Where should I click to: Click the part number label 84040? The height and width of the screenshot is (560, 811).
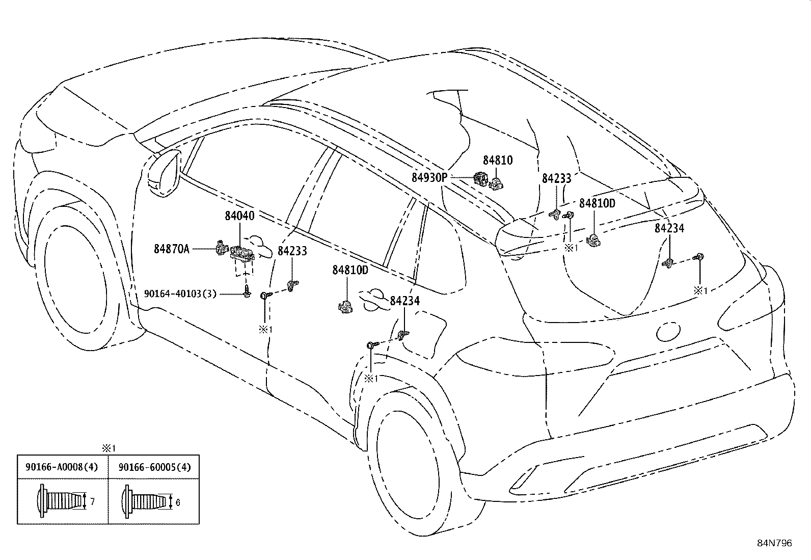pyautogui.click(x=239, y=216)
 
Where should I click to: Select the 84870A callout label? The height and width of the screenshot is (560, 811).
pyautogui.click(x=172, y=249)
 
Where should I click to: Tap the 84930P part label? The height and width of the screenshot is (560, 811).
pyautogui.click(x=429, y=177)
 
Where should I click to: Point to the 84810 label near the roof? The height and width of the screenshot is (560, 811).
pyautogui.click(x=498, y=160)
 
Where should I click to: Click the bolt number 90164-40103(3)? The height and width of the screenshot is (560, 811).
pyautogui.click(x=180, y=294)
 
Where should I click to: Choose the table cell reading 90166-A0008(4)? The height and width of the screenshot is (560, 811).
pyautogui.click(x=62, y=467)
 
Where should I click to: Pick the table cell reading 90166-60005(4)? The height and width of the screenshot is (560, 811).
pyautogui.click(x=154, y=467)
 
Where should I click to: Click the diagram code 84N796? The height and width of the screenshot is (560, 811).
pyautogui.click(x=774, y=543)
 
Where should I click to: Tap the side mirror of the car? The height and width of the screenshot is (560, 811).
pyautogui.click(x=164, y=173)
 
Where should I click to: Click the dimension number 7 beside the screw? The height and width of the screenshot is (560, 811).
pyautogui.click(x=92, y=501)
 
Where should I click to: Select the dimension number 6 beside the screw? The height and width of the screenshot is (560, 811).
pyautogui.click(x=178, y=502)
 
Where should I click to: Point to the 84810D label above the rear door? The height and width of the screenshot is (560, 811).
pyautogui.click(x=350, y=270)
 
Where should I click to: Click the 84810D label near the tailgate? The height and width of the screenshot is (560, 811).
pyautogui.click(x=597, y=203)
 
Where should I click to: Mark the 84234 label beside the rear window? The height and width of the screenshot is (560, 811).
pyautogui.click(x=669, y=228)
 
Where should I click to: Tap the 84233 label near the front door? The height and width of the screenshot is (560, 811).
pyautogui.click(x=292, y=251)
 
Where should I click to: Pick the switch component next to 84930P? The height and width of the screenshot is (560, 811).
pyautogui.click(x=481, y=179)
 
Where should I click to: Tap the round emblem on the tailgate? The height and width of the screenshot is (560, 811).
pyautogui.click(x=668, y=331)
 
